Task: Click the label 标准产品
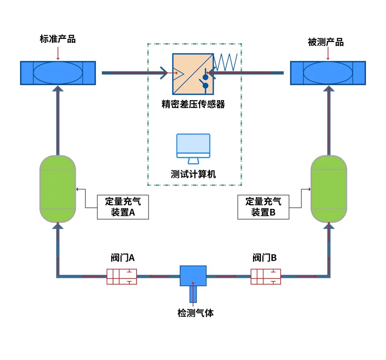click(58, 39)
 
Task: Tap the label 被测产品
click(326, 42)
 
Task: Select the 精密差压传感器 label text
click(193, 104)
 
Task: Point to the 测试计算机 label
click(193, 174)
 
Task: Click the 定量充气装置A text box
click(123, 207)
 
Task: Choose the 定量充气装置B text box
click(263, 207)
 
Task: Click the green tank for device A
click(58, 189)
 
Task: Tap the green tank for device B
click(329, 189)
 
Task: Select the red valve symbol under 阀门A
click(122, 276)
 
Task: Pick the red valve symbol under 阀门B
click(266, 276)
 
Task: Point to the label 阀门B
click(264, 258)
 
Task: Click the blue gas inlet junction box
click(193, 276)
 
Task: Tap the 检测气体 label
click(196, 313)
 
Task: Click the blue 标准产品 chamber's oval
click(58, 73)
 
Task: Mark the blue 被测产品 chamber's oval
click(328, 73)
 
